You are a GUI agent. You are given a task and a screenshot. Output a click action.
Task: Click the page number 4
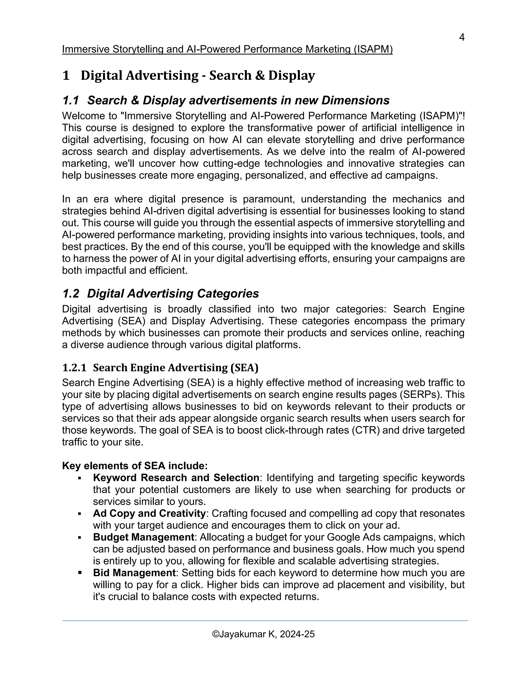(462, 38)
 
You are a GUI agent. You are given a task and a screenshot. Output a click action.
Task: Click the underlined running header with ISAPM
(227, 49)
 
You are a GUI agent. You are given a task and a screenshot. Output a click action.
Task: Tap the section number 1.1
(71, 101)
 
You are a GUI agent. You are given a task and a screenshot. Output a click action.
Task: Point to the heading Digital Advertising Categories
(173, 294)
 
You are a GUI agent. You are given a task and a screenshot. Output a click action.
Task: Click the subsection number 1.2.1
(74, 368)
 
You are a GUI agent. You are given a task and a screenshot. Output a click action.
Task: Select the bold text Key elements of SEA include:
(135, 466)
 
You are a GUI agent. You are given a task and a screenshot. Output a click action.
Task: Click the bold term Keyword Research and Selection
(176, 478)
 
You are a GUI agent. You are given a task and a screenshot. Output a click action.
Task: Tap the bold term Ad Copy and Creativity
(149, 513)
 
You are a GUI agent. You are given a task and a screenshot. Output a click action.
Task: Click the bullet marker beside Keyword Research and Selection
(80, 478)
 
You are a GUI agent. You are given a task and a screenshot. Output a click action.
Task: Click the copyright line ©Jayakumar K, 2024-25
(263, 634)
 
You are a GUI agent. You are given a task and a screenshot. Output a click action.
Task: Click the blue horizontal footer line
(265, 620)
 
